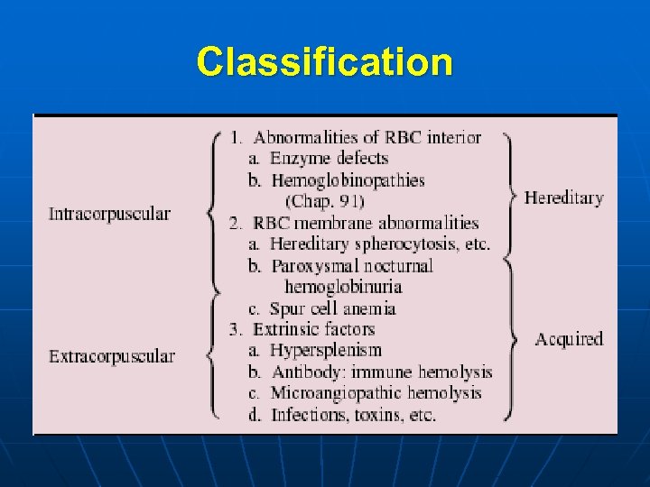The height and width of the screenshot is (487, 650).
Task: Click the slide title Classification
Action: [325, 62]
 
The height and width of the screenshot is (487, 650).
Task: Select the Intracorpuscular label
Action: [109, 214]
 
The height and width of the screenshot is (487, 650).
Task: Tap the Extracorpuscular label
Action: [112, 356]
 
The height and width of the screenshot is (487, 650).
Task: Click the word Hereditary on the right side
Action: [563, 198]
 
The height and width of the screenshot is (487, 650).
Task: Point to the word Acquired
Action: [568, 339]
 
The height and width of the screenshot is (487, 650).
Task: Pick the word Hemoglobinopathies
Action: [348, 180]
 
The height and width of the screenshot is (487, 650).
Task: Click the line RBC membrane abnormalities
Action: [365, 223]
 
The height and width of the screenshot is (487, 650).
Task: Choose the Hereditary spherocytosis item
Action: [379, 244]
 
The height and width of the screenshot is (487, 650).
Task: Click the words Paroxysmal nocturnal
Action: [352, 266]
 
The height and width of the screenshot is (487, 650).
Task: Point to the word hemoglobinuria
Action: [343, 287]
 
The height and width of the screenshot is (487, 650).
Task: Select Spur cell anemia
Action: [333, 308]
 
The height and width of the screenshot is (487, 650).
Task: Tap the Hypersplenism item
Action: [326, 350]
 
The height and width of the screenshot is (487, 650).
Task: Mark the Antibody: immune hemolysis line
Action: [381, 372]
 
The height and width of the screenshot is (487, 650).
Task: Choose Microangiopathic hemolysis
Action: [376, 393]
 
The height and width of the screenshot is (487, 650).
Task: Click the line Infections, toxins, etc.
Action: [353, 415]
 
